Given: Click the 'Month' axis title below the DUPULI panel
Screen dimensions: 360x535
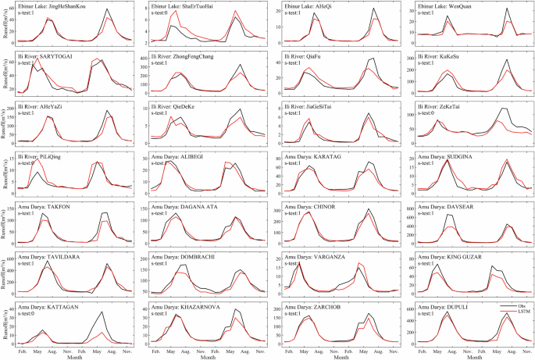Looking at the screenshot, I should click(469, 355).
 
